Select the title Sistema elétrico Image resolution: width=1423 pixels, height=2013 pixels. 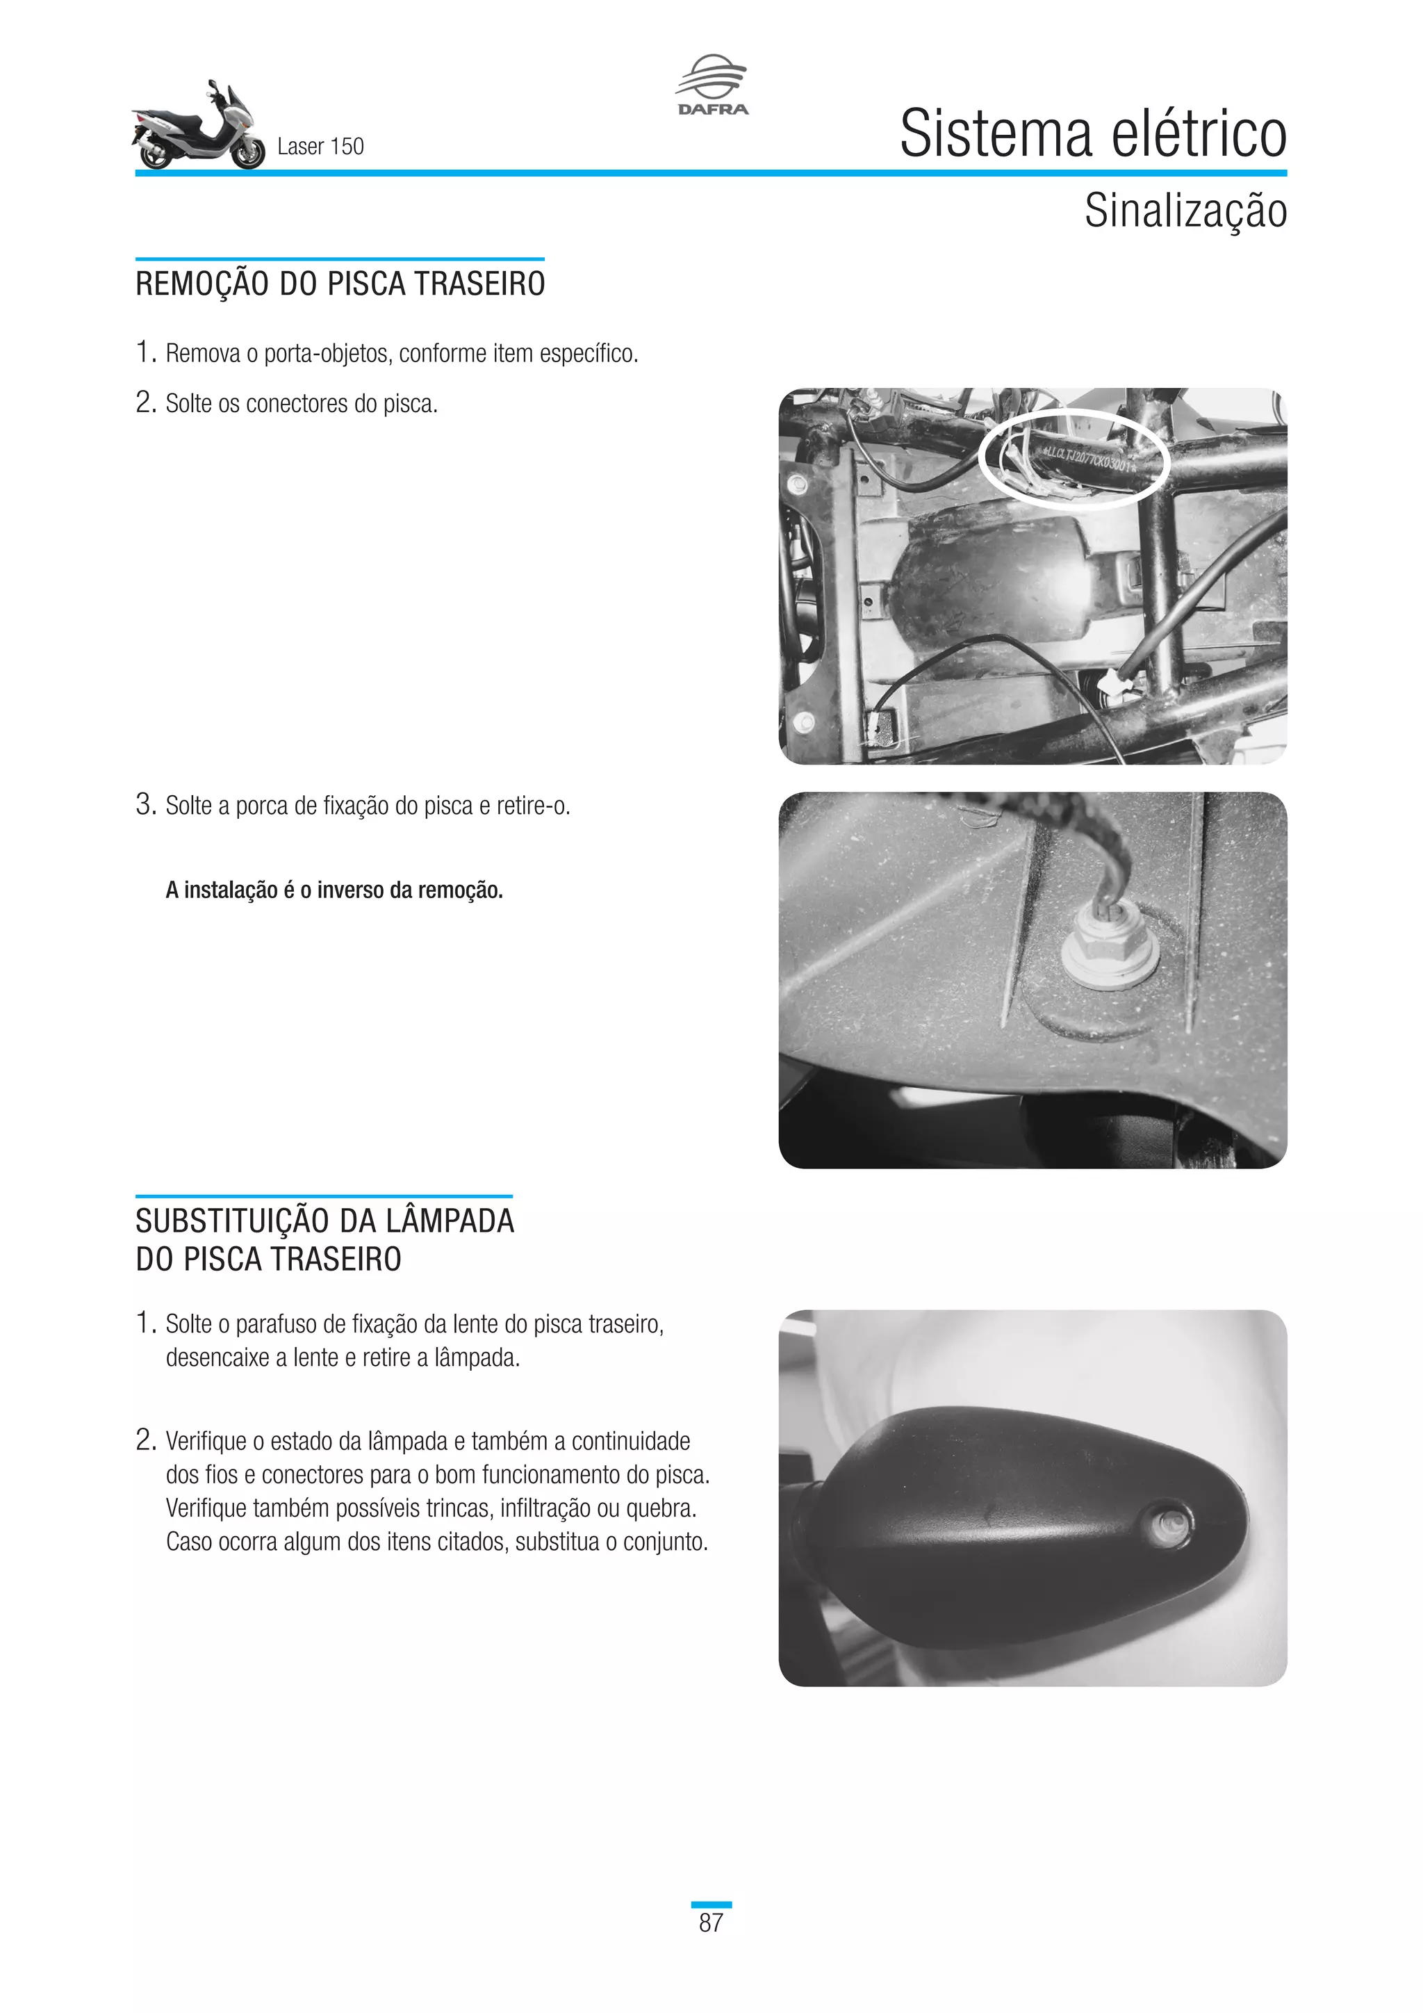pyautogui.click(x=1093, y=134)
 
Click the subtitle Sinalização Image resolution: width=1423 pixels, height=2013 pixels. pyautogui.click(x=1185, y=211)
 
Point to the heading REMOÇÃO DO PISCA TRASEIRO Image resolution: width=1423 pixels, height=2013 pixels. pyautogui.click(x=340, y=285)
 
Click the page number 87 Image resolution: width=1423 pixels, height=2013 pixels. pyautogui.click(x=711, y=1923)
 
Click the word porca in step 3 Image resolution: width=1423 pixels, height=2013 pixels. pyautogui.click(x=262, y=806)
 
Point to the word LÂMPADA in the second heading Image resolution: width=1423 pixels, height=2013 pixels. pyautogui.click(x=450, y=1221)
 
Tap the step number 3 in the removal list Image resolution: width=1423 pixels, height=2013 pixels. pyautogui.click(x=145, y=804)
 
